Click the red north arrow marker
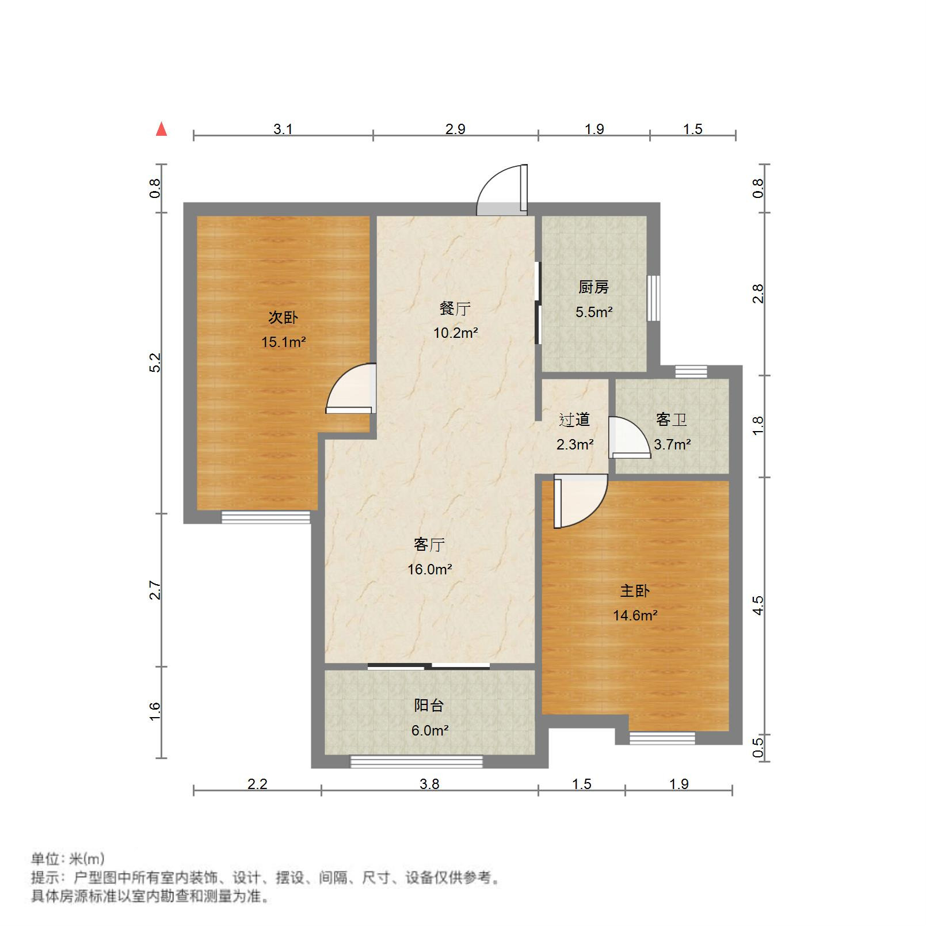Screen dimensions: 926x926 (162, 129)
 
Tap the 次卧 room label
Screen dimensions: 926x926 (283, 317)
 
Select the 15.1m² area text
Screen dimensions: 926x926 (283, 342)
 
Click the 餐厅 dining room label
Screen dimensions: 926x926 (455, 308)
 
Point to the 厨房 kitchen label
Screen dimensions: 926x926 (593, 287)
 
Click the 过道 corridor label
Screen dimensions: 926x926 (574, 420)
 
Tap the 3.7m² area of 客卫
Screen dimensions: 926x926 (672, 445)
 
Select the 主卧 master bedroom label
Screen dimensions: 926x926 (635, 590)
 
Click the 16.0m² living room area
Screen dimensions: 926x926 (429, 569)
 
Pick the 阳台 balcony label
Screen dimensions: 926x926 (429, 705)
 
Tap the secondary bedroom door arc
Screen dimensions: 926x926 (350, 389)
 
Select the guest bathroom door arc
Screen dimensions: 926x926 (630, 437)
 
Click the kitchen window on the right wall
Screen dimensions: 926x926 (653, 298)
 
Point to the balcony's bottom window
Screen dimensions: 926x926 (417, 761)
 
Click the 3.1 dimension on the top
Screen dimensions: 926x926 (283, 129)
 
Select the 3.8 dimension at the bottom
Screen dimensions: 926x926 (429, 784)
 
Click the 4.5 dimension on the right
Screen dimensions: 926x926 (759, 605)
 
